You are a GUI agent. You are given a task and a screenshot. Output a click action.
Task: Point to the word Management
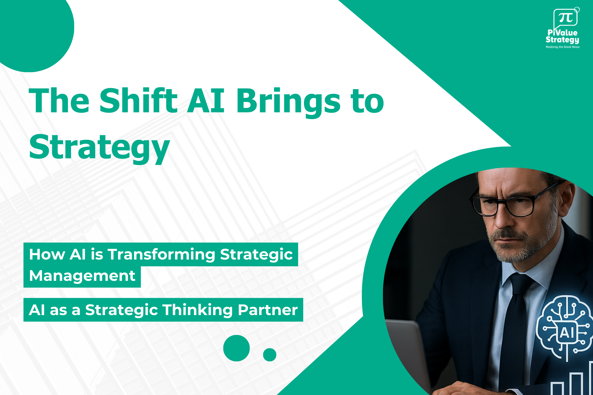tap(82, 276)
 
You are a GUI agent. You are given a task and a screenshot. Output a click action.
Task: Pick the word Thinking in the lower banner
tap(197, 310)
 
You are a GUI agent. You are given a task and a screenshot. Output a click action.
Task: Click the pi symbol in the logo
tap(566, 18)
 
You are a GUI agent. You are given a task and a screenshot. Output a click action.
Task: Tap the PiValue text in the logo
tap(562, 33)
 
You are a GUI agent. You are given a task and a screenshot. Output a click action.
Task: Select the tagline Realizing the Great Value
tap(562, 47)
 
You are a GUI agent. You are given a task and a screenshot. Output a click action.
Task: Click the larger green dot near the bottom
tap(236, 348)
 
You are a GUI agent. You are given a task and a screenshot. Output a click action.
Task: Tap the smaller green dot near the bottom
tap(270, 355)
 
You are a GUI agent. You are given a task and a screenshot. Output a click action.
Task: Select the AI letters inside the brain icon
tap(567, 333)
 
